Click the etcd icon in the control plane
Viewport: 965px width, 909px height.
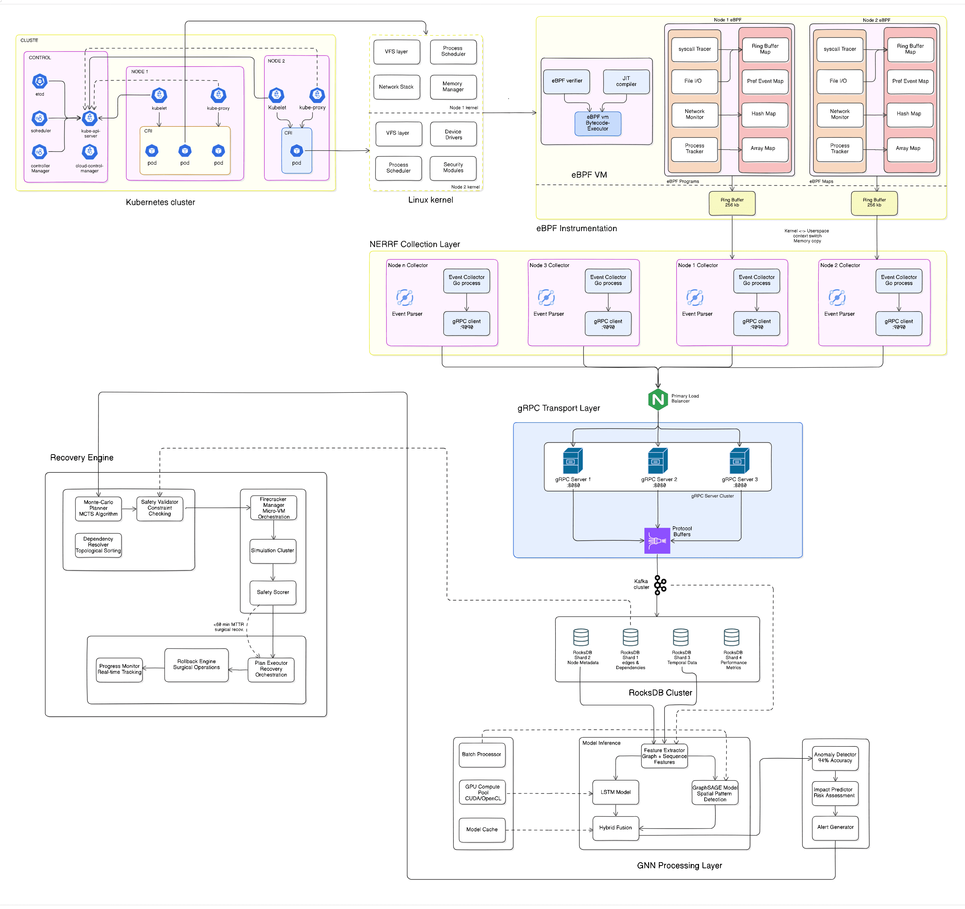coord(40,81)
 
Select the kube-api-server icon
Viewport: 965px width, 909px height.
coord(90,118)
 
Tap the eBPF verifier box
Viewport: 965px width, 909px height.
coord(567,81)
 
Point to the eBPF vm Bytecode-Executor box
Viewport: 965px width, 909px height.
coord(598,123)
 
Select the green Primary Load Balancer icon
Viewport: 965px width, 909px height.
coord(658,399)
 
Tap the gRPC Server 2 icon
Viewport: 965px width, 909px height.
coord(658,461)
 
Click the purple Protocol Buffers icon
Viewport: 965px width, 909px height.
coord(657,541)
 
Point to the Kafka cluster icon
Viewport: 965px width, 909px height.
coord(660,585)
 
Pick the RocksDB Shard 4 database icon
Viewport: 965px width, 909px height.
coord(731,638)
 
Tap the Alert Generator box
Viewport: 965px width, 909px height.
coord(835,827)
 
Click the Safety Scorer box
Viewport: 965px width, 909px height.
coord(273,593)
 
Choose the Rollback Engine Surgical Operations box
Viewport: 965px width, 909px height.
coord(197,665)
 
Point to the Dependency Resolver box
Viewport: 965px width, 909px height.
coord(98,545)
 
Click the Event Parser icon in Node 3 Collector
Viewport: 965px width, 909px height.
coord(546,297)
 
